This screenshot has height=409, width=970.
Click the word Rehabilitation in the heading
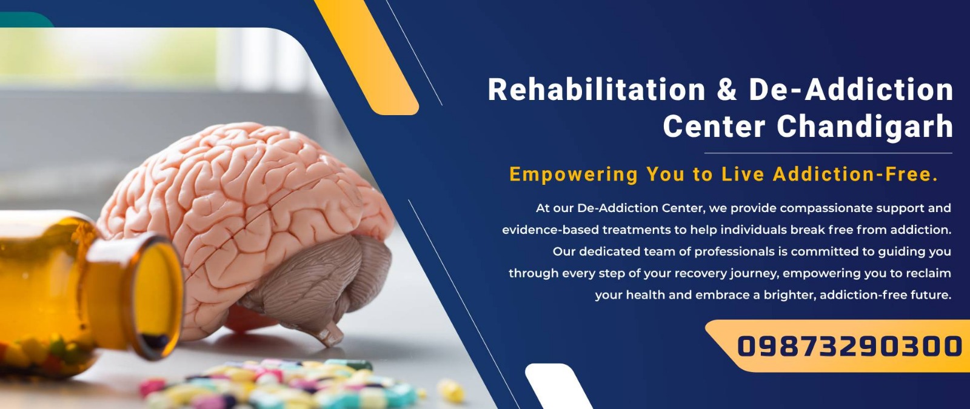pos(597,90)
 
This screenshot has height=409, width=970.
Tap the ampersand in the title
pos(727,90)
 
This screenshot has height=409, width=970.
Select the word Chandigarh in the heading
pos(865,127)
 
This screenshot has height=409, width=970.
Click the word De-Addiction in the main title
pos(851,90)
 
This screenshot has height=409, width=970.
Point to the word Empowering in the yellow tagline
pos(574,175)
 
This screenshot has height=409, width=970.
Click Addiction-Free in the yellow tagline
pos(855,174)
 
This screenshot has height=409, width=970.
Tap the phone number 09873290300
pos(849,346)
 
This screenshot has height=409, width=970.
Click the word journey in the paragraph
pos(754,274)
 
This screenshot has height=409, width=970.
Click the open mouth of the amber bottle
pos(156,299)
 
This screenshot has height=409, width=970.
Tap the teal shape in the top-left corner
pos(24,19)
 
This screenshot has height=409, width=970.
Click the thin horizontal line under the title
pos(828,153)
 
